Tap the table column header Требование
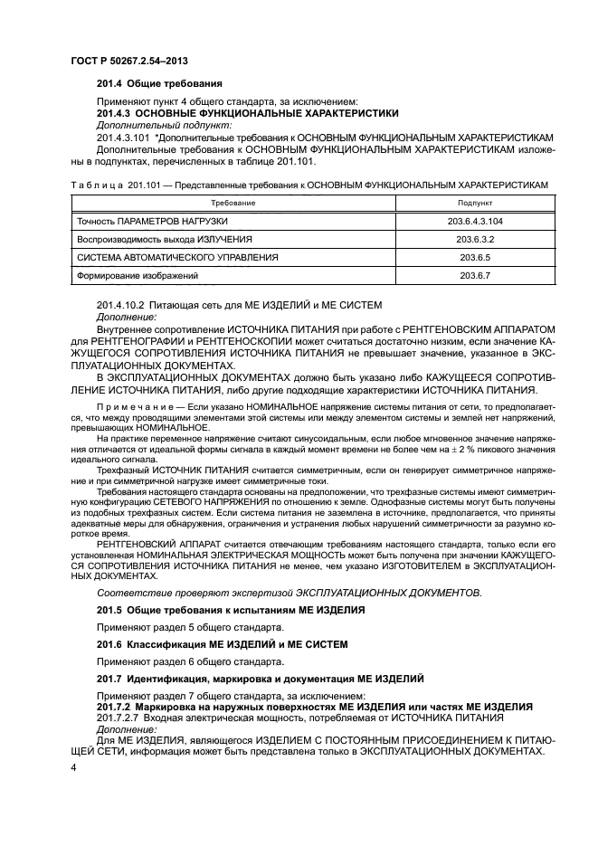pos(233,203)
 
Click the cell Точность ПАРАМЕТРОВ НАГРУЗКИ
pos(152,221)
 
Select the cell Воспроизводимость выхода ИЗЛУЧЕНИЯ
pos(164,239)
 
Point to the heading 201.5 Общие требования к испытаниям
pos(230,610)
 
